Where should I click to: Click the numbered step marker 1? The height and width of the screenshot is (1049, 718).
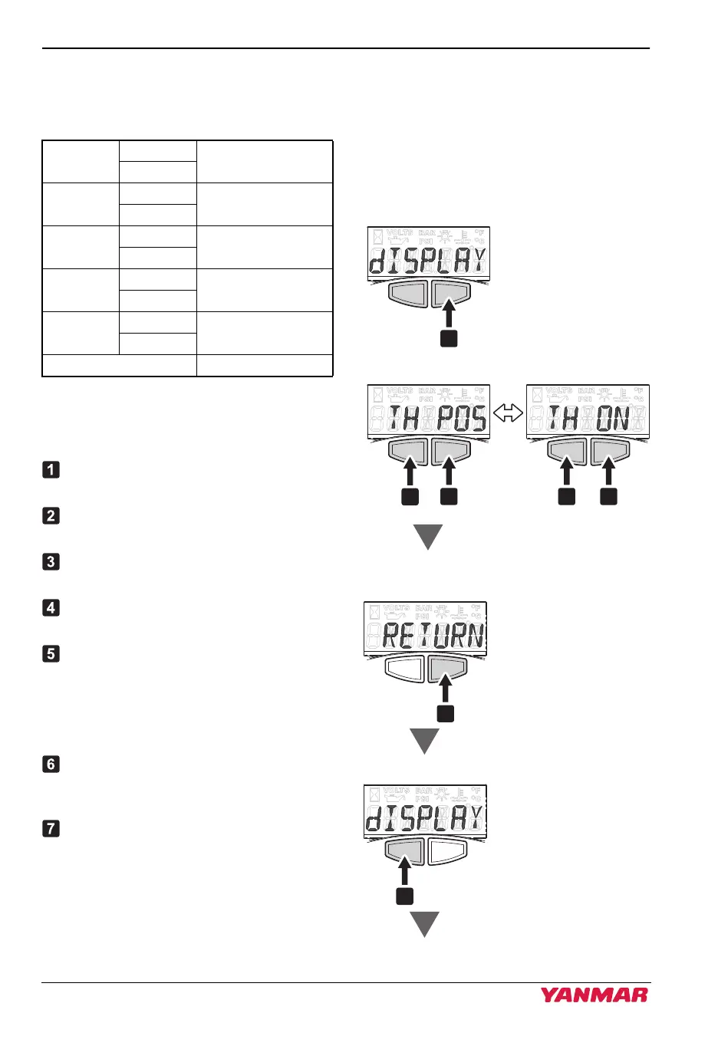(x=51, y=469)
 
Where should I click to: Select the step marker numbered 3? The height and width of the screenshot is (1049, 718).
(x=51, y=561)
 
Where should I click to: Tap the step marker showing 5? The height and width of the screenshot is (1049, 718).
(x=51, y=653)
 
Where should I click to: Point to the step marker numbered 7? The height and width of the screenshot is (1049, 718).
(x=51, y=828)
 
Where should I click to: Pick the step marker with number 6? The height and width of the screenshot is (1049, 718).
(x=51, y=764)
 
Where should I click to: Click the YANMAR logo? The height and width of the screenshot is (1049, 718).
(x=594, y=995)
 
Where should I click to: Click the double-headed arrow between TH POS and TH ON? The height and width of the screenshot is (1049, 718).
(x=508, y=414)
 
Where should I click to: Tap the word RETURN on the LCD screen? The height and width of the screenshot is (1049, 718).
(x=433, y=636)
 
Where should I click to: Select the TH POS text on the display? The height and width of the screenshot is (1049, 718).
(x=436, y=418)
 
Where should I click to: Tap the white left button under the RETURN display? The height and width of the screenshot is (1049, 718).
(x=404, y=669)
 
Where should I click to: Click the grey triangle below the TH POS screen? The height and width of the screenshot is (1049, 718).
(x=428, y=536)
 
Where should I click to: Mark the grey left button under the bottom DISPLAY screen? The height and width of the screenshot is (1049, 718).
(x=404, y=850)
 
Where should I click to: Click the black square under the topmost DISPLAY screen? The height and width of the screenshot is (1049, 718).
(x=449, y=337)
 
